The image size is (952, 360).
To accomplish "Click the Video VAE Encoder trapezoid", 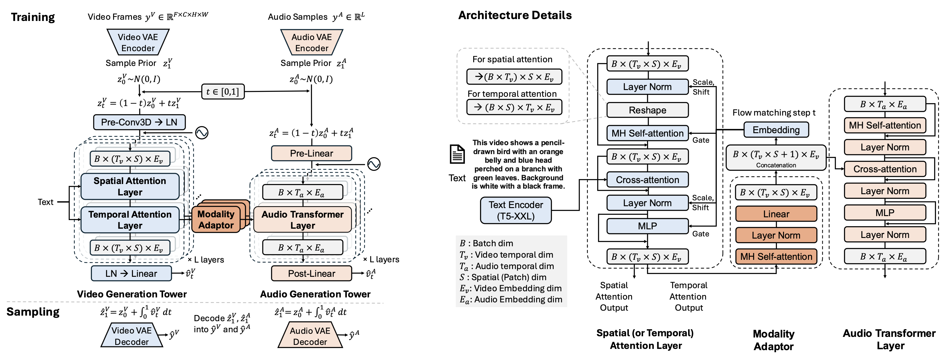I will coord(138,43).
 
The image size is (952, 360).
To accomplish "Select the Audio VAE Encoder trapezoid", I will coord(312,43).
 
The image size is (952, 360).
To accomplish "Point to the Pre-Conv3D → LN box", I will coord(139,122).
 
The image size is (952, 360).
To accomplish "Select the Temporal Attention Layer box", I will coord(130,220).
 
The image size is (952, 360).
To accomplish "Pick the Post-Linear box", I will coord(312,273).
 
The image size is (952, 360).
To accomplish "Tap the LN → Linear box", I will coord(131,273).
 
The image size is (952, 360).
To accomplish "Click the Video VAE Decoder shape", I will coord(132,336).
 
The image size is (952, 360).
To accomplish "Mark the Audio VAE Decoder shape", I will coord(310,336).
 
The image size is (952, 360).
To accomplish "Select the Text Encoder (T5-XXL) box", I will coord(515,210).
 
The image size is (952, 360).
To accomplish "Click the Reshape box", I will coord(647,110).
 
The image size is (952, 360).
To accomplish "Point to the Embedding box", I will coord(776,130).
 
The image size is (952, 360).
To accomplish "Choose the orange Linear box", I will coord(776,214).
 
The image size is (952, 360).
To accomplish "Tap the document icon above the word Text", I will coord(457,154).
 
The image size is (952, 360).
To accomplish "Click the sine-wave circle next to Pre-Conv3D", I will coord(202,133).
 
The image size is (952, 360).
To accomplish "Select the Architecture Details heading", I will coord(515,15).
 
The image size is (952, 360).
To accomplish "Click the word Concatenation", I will coord(776,165).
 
